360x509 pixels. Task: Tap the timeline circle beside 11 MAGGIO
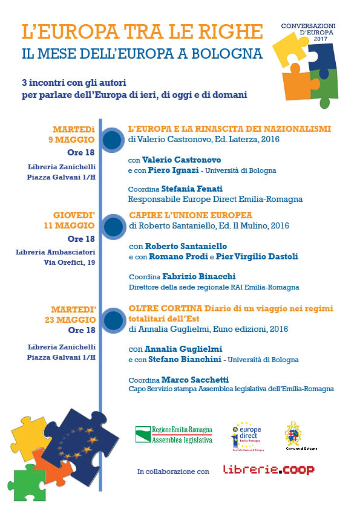tap(113, 227)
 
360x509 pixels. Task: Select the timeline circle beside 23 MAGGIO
tap(113, 320)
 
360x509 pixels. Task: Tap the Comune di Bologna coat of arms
tap(293, 434)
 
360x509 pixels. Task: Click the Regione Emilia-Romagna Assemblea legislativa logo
tap(174, 435)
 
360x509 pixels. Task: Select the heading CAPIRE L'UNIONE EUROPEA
tap(191, 215)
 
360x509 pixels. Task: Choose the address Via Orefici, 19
tap(69, 262)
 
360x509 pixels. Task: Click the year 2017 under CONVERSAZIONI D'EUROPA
tap(320, 39)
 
